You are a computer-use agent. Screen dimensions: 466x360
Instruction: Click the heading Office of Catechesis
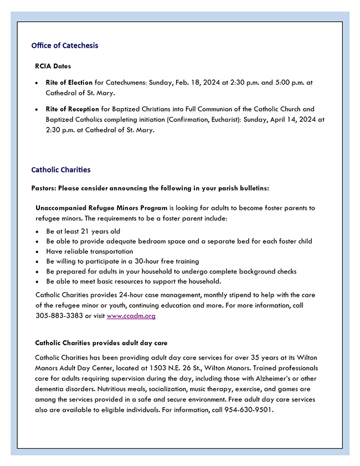[x=65, y=45]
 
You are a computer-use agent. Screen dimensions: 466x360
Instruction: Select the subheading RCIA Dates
[x=53, y=66]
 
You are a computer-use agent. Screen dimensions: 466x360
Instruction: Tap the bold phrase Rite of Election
[x=69, y=83]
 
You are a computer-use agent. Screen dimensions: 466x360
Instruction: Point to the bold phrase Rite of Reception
[x=72, y=109]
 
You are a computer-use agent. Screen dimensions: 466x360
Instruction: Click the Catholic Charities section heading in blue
[x=61, y=170]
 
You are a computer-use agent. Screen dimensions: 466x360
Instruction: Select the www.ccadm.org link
[x=131, y=316]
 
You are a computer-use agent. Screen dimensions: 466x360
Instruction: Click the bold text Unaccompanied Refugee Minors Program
[x=101, y=208]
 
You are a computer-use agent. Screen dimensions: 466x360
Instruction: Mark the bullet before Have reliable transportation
[x=37, y=252]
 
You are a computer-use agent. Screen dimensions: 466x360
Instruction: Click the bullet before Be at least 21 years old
[x=37, y=232]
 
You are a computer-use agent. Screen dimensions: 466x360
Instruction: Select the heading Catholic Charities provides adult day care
[x=101, y=343]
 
